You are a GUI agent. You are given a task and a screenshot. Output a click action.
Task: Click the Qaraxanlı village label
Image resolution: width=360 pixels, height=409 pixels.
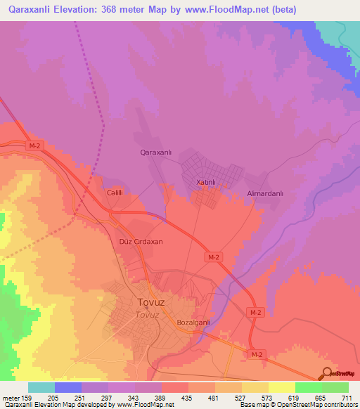[x=157, y=152]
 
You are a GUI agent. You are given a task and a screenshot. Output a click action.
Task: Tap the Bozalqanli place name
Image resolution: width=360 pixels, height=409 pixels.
[x=194, y=322]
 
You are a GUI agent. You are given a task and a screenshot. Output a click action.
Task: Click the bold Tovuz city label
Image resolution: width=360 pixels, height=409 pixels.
[x=151, y=303]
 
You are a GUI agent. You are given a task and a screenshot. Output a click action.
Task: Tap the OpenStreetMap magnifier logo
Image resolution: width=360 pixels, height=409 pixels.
[x=327, y=374]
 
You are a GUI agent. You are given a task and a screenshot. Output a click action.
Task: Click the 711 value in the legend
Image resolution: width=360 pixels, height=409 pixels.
[x=346, y=398]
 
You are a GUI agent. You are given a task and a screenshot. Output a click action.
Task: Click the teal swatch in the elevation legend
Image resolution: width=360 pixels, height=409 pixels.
[x=41, y=387]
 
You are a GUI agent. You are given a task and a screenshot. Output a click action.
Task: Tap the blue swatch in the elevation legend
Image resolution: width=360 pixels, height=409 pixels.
[x=68, y=387]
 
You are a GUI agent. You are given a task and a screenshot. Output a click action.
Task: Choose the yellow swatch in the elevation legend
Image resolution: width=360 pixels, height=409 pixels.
[x=282, y=387]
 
